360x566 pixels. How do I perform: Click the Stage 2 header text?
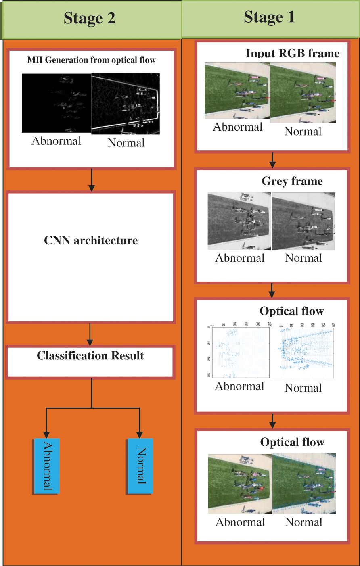90,18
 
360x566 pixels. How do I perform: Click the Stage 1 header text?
269,17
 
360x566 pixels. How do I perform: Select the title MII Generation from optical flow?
92,60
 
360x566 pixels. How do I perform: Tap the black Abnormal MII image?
57,103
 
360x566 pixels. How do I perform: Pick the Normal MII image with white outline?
126,104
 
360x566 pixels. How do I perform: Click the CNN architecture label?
91,240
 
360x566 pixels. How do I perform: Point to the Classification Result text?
90,355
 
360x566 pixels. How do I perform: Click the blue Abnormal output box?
46,466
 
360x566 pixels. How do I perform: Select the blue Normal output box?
140,466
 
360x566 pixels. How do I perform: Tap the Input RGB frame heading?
293,53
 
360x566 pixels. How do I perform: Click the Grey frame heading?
292,181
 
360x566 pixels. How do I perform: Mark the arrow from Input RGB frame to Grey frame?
272,160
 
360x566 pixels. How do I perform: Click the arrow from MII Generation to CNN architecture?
92,180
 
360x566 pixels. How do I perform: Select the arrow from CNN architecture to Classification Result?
90,334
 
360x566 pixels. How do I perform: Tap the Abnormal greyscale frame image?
239,221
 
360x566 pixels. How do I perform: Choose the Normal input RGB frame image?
303,93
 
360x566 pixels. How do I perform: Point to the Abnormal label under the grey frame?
240,258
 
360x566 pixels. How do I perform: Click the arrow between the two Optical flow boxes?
272,421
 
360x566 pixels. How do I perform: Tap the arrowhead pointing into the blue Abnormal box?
46,435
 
